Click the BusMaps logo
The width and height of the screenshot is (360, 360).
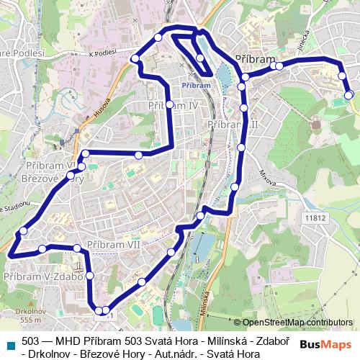(x=326, y=343)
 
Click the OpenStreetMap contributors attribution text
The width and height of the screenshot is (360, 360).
(x=297, y=322)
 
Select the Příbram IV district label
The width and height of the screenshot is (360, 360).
(x=173, y=105)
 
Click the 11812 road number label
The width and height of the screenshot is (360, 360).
(x=315, y=217)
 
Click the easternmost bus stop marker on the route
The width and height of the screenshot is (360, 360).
(x=348, y=94)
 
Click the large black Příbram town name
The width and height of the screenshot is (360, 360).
(x=256, y=59)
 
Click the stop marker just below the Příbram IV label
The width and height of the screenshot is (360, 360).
(x=170, y=105)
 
